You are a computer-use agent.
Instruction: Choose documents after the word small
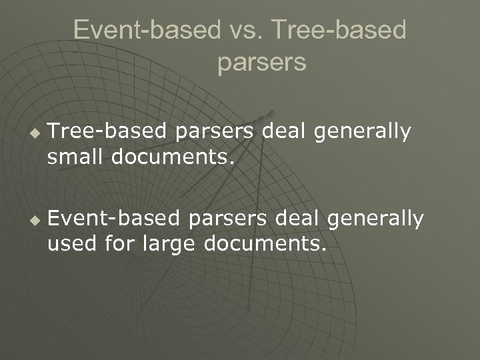tap(173, 159)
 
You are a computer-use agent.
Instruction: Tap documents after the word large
tap(265, 245)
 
